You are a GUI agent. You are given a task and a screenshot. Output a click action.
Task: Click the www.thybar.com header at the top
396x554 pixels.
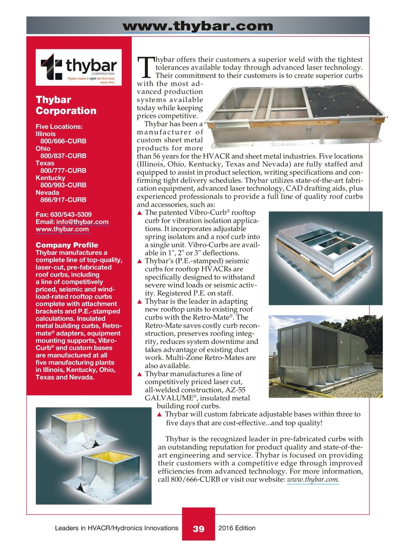(198, 26)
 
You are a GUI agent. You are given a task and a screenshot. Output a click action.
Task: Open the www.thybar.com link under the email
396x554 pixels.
(62, 229)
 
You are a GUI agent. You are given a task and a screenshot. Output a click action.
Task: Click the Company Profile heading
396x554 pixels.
(67, 245)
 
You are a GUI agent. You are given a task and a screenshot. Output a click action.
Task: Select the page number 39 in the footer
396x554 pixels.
(198, 529)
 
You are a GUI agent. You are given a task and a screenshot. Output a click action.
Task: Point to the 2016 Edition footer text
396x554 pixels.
(237, 528)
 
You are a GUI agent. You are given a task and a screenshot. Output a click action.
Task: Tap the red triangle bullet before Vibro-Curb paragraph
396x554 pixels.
(139, 213)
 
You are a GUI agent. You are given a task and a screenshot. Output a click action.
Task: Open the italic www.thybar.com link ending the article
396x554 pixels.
(313, 480)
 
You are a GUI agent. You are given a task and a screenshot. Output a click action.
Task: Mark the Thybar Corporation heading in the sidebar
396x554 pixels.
(66, 105)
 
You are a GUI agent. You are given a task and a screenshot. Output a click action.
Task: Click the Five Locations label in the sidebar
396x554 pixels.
(59, 127)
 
